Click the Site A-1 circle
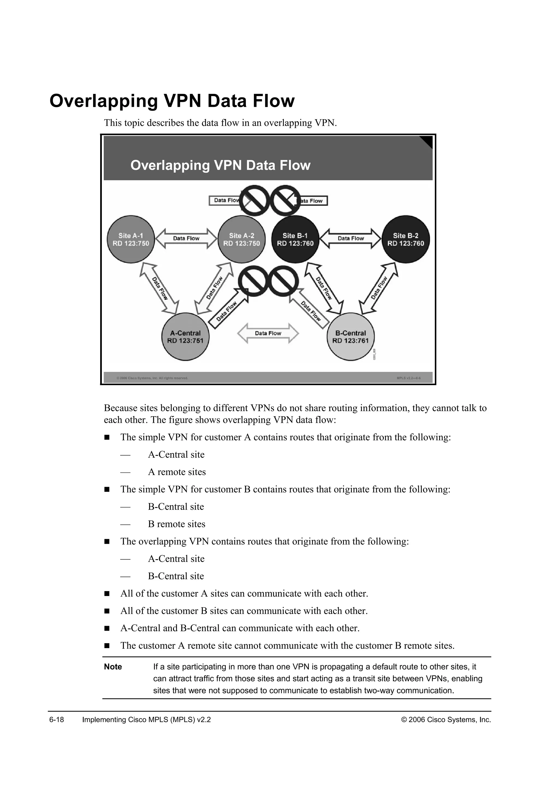click(131, 240)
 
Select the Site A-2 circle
click(242, 240)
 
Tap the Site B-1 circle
click(295, 240)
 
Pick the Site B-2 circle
click(406, 240)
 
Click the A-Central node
click(185, 337)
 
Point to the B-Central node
click(350, 337)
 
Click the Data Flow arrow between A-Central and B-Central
click(268, 333)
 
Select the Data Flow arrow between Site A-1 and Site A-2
click(186, 238)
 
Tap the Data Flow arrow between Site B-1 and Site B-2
click(351, 238)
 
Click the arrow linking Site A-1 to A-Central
click(159, 289)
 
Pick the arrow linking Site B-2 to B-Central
click(379, 288)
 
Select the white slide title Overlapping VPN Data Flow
click(220, 165)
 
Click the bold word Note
click(113, 667)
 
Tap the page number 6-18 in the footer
click(57, 720)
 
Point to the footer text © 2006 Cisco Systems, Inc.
click(446, 720)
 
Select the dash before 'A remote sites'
click(125, 472)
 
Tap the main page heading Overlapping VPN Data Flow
click(172, 101)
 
